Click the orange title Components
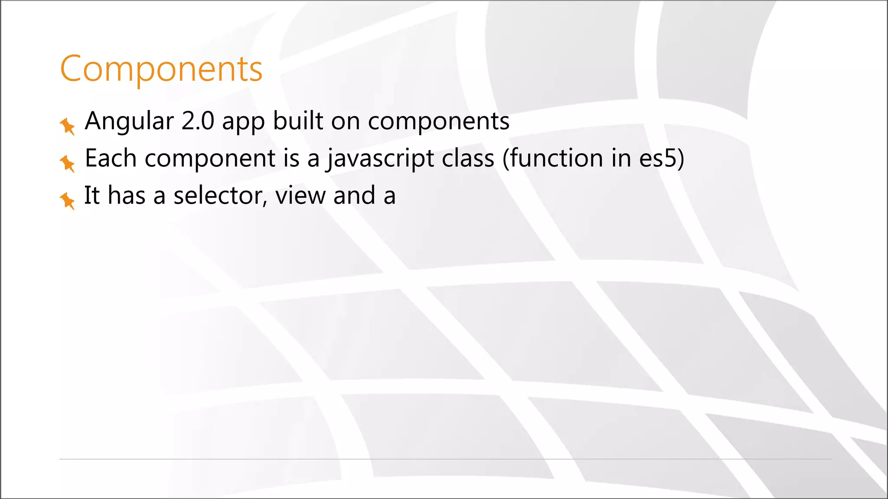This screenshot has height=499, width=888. click(x=161, y=68)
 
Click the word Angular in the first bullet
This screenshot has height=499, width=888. click(x=129, y=121)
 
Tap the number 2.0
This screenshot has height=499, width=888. click(x=198, y=121)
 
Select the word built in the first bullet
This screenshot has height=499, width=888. click(x=298, y=121)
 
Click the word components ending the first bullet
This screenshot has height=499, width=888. click(x=438, y=122)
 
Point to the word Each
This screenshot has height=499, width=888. click(x=111, y=158)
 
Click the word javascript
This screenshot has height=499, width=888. click(x=380, y=159)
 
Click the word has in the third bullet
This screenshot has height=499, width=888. click(x=126, y=196)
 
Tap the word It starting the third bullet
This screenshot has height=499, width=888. click(x=91, y=196)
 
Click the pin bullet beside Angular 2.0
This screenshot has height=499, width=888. click(x=67, y=126)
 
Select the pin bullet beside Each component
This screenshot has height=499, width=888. click(x=67, y=163)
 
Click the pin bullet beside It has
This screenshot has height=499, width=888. click(x=67, y=201)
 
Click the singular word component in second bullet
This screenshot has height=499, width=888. click(x=210, y=159)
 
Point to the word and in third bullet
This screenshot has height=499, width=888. click(x=354, y=196)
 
